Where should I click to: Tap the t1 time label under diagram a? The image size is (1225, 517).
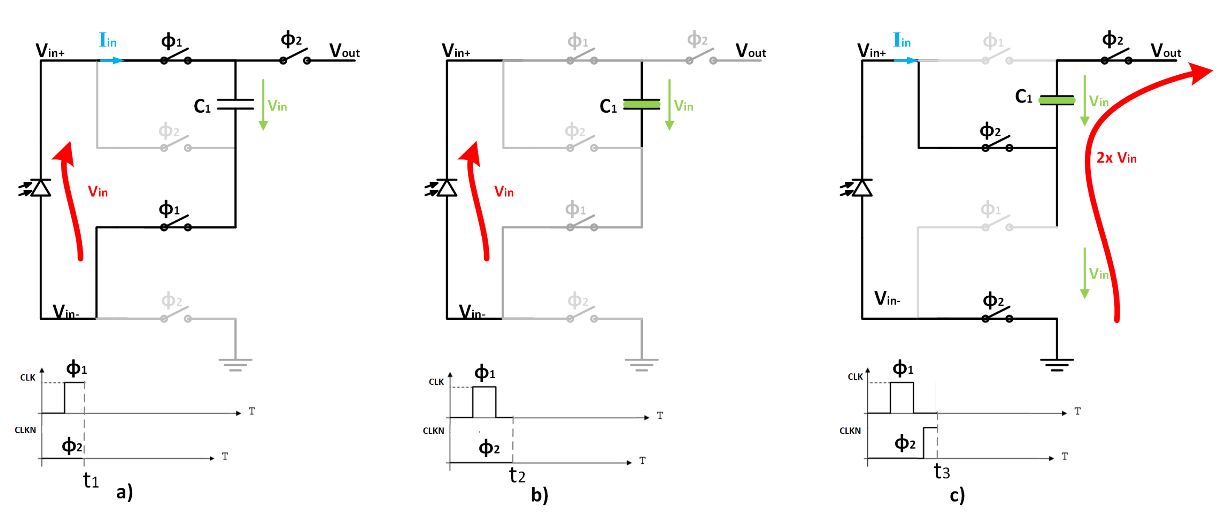pos(91,480)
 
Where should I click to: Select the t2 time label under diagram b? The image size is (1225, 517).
pos(517,475)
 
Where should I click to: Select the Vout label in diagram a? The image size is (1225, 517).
pos(344,50)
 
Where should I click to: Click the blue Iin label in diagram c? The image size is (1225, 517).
pos(902,40)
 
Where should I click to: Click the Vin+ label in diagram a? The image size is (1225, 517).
pos(50,50)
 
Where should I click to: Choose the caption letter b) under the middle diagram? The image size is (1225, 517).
pos(539,495)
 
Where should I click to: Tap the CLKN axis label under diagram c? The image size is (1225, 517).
pos(850,430)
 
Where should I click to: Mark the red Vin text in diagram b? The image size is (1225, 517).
pos(504,192)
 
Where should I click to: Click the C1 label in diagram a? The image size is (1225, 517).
pos(202,106)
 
